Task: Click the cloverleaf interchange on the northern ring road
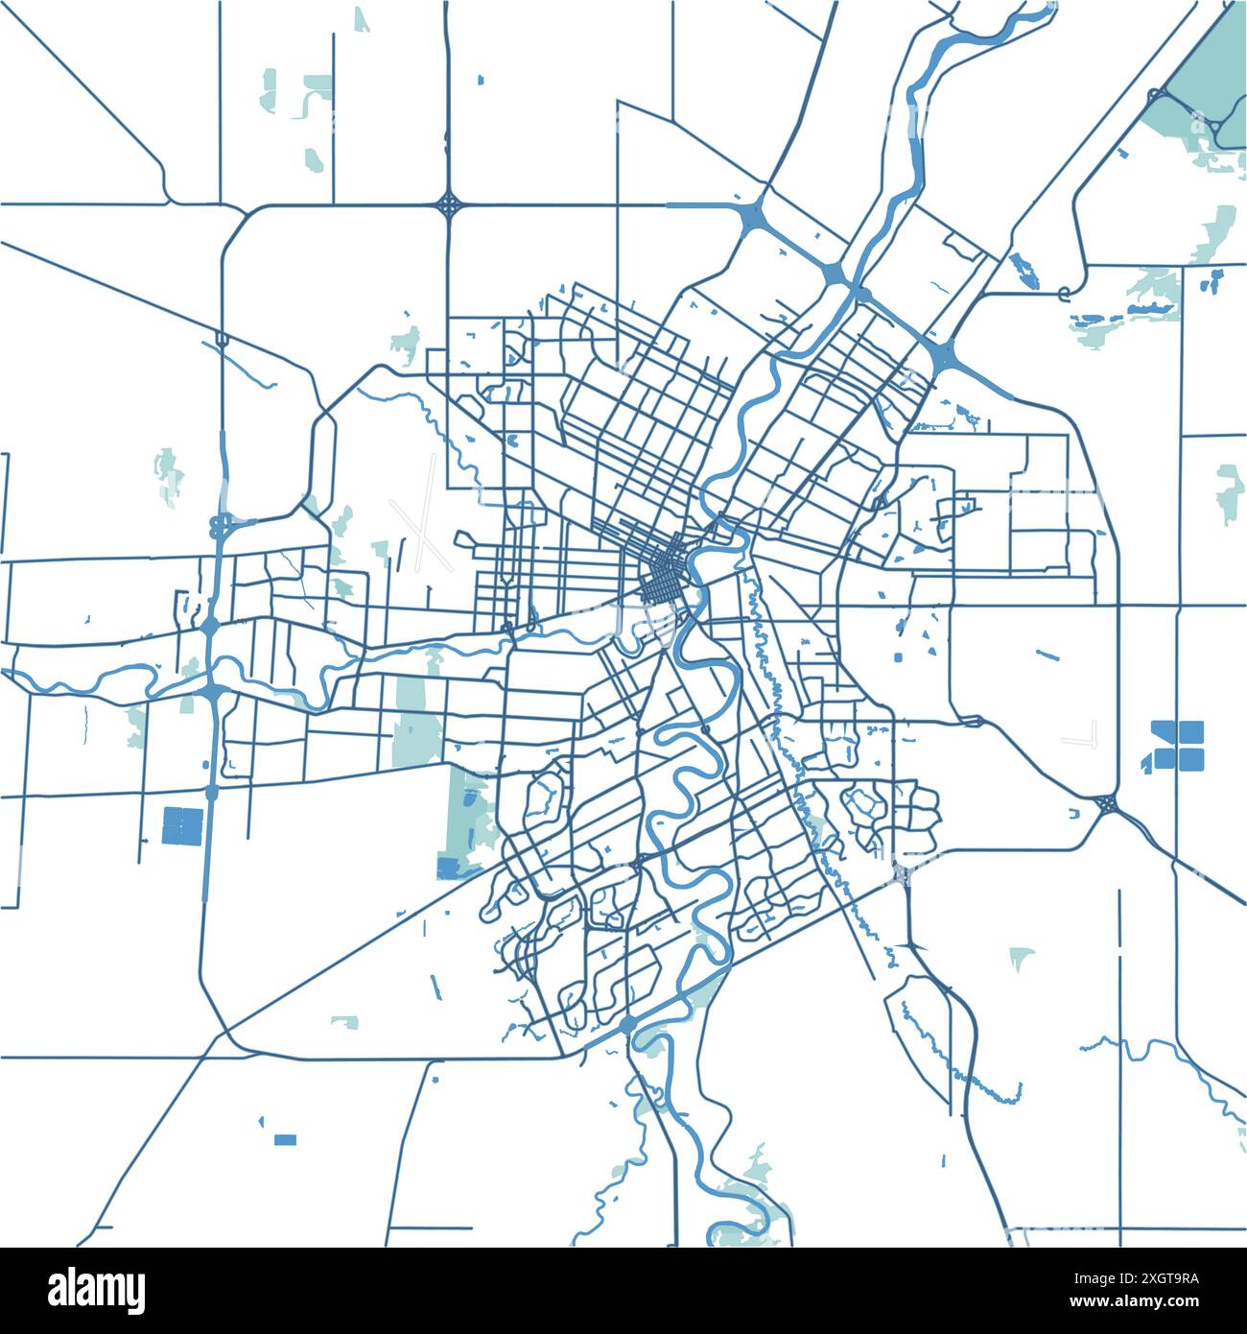(449, 203)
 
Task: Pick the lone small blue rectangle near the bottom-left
(285, 1139)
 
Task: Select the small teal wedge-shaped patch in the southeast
(1021, 956)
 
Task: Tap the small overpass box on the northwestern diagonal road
(223, 339)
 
